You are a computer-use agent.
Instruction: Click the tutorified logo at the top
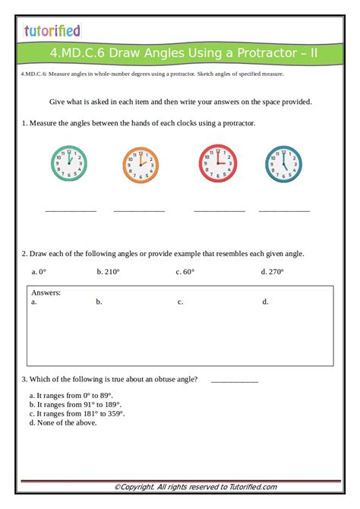(x=52, y=30)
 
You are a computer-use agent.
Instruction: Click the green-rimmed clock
(x=69, y=164)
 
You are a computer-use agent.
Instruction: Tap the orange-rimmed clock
(x=141, y=164)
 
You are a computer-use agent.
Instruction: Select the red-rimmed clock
(x=218, y=163)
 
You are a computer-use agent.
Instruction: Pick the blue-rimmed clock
(x=283, y=164)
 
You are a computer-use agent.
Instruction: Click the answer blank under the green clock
(x=71, y=210)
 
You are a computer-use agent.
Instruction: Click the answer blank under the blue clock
(x=284, y=210)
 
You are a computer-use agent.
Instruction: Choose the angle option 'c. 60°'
(x=185, y=271)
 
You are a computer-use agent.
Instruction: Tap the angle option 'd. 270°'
(x=272, y=271)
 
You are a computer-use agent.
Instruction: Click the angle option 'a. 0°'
(x=39, y=271)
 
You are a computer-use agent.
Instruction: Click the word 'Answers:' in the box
(x=46, y=292)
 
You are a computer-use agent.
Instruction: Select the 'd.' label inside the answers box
(x=266, y=302)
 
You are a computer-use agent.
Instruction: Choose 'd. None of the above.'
(x=63, y=422)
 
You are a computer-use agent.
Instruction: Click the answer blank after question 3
(x=235, y=380)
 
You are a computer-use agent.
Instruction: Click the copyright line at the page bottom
(x=195, y=487)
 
